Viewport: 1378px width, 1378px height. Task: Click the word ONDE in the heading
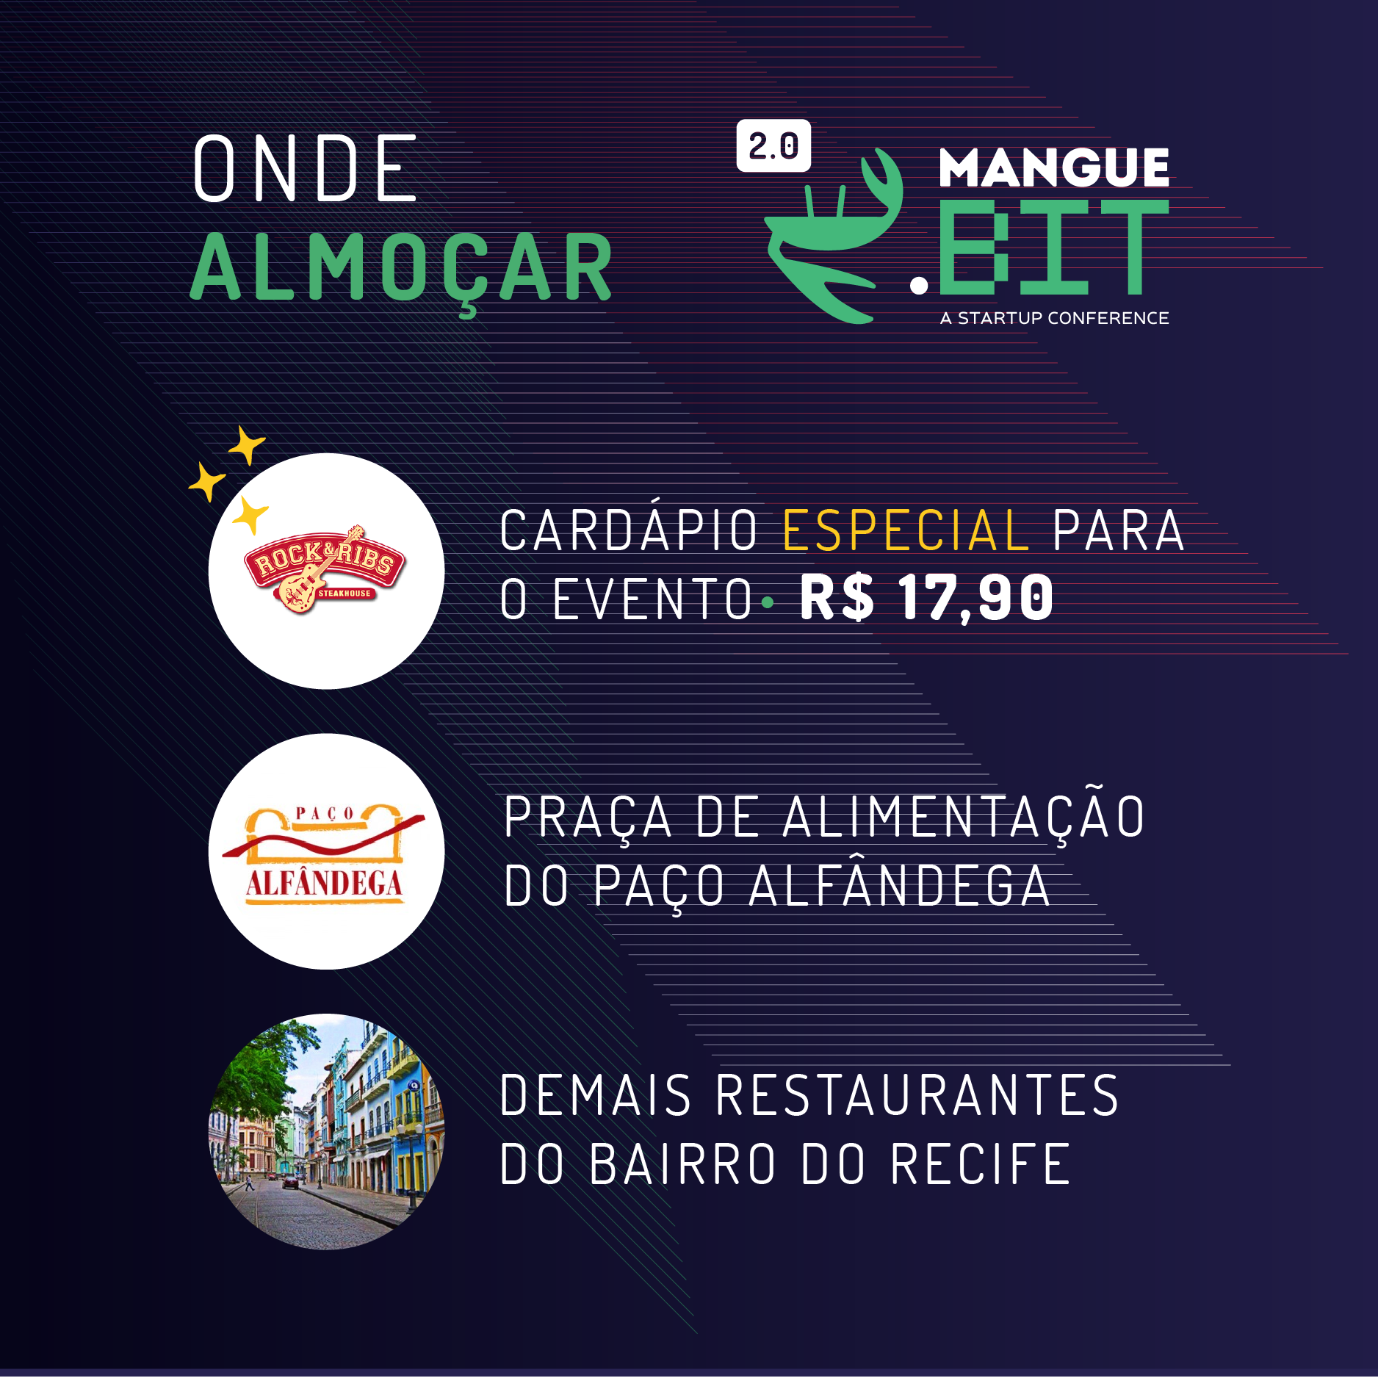click(x=305, y=167)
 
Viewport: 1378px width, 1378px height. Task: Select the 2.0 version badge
click(x=773, y=145)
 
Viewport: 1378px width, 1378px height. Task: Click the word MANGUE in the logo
click(x=1054, y=167)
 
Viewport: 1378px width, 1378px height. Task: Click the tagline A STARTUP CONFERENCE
click(x=1054, y=318)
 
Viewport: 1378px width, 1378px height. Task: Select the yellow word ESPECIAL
click(x=906, y=530)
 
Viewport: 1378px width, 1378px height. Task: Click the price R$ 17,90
click(x=926, y=598)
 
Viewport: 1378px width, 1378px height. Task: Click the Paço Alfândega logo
click(x=324, y=854)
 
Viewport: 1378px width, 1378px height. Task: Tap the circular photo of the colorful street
click(x=327, y=1131)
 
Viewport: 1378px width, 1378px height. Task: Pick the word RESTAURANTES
click(x=917, y=1094)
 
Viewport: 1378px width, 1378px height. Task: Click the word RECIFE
click(x=981, y=1164)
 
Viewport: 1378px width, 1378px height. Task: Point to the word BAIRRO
click(x=682, y=1164)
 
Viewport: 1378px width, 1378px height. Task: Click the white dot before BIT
click(x=919, y=284)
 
